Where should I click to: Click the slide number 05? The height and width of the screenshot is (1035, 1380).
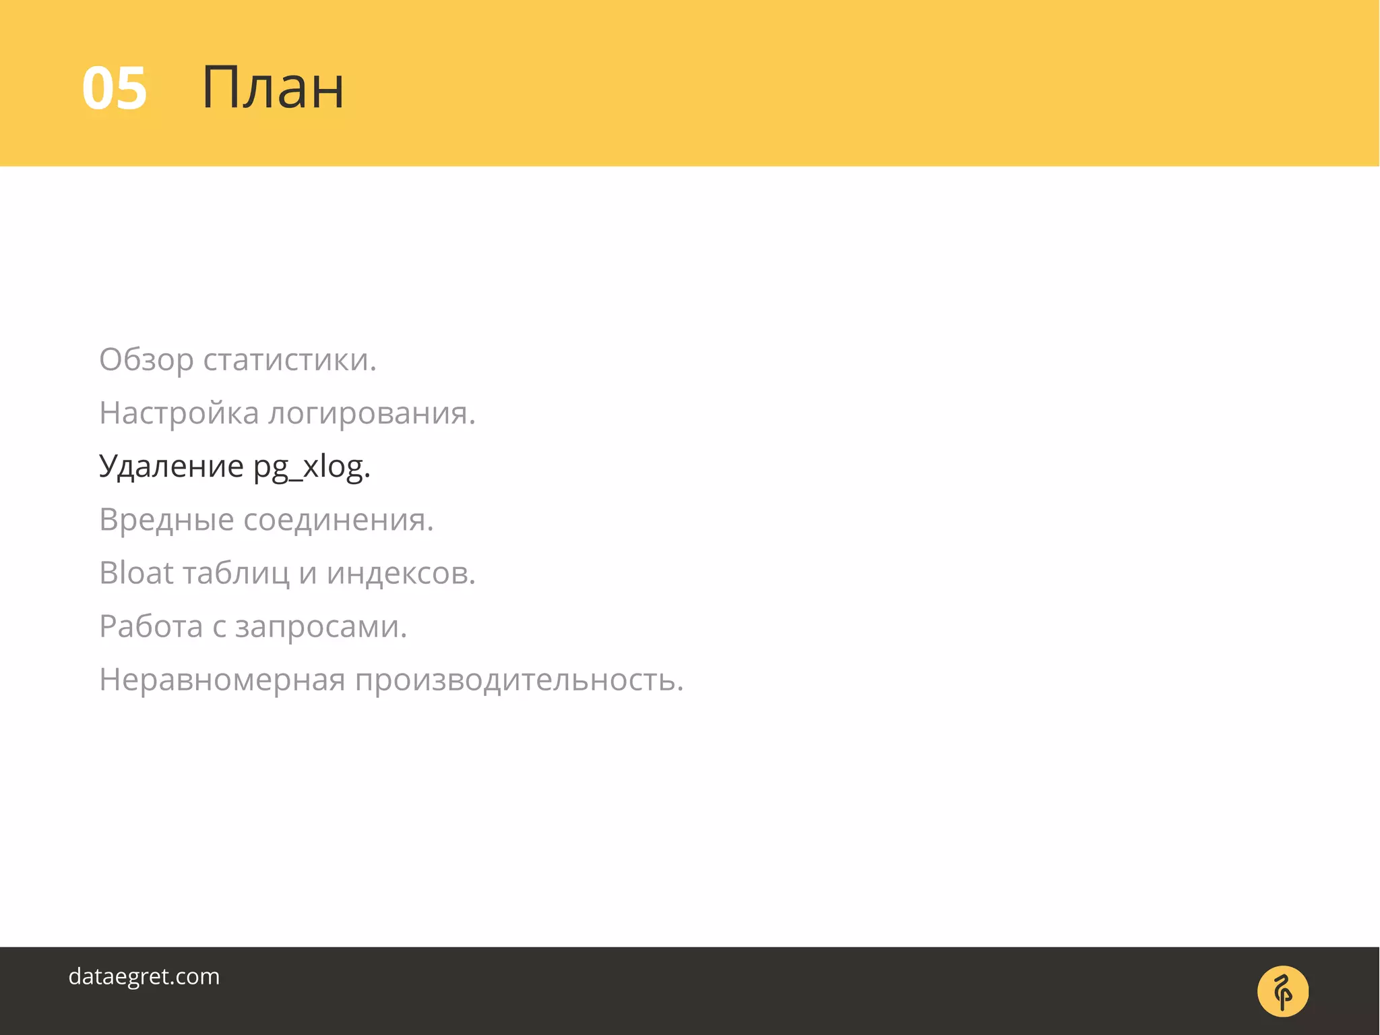point(114,88)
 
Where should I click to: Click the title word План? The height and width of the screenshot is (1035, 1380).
point(273,88)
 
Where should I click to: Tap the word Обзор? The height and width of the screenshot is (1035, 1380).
point(146,360)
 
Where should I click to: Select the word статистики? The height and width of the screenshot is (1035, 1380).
point(290,360)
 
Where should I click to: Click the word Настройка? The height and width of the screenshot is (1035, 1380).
point(179,413)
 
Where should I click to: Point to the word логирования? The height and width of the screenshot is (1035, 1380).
point(371,413)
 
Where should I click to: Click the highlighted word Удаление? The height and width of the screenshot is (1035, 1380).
point(171,467)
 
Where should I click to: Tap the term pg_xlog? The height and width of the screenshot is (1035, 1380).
point(311,467)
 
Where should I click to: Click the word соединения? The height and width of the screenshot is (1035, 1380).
point(338,520)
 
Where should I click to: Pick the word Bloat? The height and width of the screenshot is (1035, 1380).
point(136,573)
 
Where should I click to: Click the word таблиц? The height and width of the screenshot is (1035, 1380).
point(236,573)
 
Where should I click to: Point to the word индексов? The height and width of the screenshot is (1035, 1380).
point(401,573)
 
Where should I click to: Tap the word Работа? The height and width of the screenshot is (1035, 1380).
point(151,626)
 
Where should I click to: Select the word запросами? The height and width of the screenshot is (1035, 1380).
point(321,626)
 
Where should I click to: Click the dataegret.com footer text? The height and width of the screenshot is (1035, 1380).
point(144,976)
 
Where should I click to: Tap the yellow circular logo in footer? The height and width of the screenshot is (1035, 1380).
point(1282,991)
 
